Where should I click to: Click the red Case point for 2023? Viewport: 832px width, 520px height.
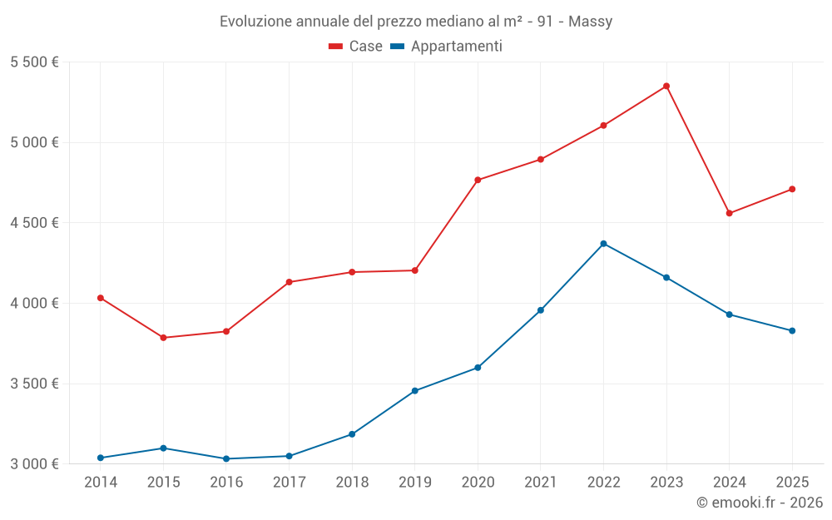click(x=666, y=86)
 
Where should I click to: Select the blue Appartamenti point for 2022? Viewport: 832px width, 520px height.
click(x=603, y=244)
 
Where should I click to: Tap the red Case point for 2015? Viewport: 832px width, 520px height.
click(x=163, y=338)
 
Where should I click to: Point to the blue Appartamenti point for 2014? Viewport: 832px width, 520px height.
click(x=101, y=458)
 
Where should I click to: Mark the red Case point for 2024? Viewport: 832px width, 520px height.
click(x=729, y=213)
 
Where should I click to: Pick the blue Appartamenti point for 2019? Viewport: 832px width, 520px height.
click(x=414, y=391)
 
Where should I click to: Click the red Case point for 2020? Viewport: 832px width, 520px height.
click(x=478, y=180)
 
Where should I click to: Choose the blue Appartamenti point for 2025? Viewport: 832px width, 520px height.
click(x=792, y=330)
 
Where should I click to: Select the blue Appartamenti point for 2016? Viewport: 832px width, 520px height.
click(x=226, y=458)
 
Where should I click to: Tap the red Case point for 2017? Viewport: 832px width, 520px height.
click(x=289, y=282)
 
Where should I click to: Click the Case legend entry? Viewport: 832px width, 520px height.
click(x=356, y=47)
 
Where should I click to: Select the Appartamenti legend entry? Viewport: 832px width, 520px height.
click(x=447, y=47)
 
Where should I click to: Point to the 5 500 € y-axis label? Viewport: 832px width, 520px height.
click(x=34, y=62)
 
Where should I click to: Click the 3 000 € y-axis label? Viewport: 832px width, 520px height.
click(x=34, y=463)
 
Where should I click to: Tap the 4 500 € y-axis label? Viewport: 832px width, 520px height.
click(x=34, y=223)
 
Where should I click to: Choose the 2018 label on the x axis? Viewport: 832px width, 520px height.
click(x=352, y=482)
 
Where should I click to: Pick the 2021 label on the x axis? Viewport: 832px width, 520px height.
click(x=540, y=482)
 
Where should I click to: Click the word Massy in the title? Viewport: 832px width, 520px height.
click(x=590, y=22)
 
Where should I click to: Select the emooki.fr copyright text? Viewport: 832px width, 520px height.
click(x=759, y=503)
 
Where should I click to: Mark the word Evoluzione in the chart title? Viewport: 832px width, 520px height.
click(x=256, y=22)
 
